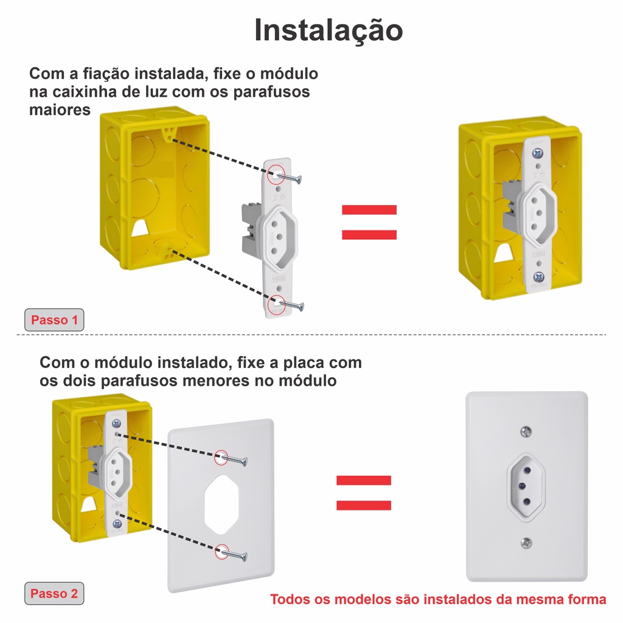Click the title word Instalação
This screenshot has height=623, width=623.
pyautogui.click(x=329, y=30)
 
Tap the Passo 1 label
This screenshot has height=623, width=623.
pyautogui.click(x=54, y=320)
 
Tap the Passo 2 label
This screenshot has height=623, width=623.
pyautogui.click(x=54, y=594)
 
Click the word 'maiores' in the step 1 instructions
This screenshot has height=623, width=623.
pyautogui.click(x=60, y=110)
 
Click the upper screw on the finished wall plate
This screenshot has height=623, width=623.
pyautogui.click(x=526, y=431)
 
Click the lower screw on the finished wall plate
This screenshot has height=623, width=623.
pyautogui.click(x=526, y=542)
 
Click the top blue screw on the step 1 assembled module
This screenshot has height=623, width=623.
pyautogui.click(x=537, y=153)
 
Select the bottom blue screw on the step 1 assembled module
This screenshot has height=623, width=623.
pyautogui.click(x=538, y=277)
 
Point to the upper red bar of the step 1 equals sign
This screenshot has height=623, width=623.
pyautogui.click(x=369, y=210)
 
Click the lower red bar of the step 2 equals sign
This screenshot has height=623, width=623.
pyautogui.click(x=364, y=506)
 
